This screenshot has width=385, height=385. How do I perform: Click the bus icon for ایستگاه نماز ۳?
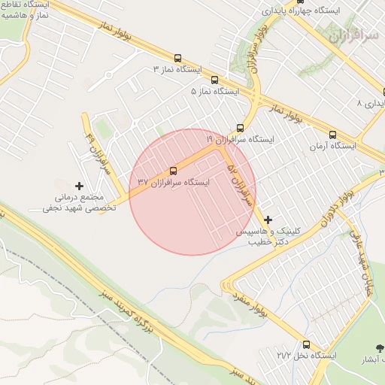(177, 58)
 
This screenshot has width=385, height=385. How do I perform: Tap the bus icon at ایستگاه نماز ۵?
(215, 79)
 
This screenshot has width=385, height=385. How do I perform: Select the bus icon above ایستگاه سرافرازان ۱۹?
(240, 127)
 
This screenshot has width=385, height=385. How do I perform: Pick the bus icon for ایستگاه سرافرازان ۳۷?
(174, 170)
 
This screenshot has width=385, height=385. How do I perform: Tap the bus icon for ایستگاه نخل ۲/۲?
(307, 342)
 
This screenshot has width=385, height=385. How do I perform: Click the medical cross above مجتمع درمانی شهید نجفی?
(80, 185)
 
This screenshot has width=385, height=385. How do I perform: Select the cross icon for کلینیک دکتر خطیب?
(268, 219)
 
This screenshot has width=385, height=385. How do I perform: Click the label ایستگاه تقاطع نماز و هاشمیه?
(26, 9)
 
